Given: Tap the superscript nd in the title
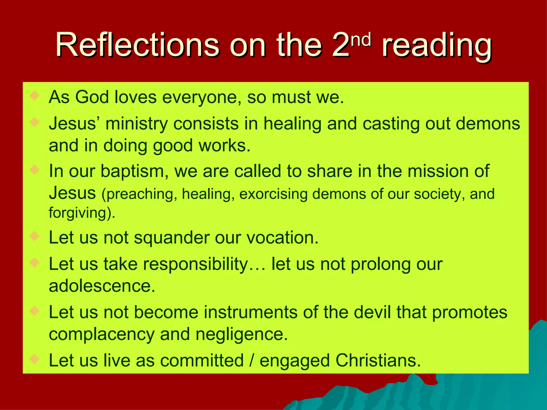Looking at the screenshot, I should [x=361, y=40].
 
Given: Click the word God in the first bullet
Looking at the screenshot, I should [x=92, y=97].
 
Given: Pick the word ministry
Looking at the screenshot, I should [x=136, y=124].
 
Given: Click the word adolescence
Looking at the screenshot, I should [x=102, y=286].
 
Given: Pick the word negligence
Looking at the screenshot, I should [x=241, y=334].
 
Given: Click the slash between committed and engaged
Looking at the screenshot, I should [x=251, y=360].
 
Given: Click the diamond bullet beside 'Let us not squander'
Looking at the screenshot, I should [x=35, y=236].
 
